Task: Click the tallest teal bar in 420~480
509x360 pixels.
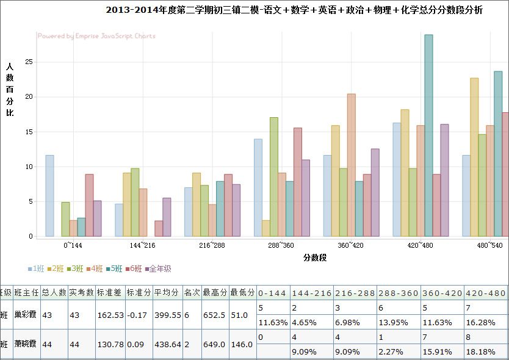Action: pos(428,135)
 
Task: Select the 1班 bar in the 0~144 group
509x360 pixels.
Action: pos(49,195)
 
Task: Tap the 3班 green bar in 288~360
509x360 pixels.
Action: pos(274,176)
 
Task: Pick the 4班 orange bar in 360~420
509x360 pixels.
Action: pos(351,165)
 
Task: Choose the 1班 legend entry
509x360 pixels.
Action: pos(36,268)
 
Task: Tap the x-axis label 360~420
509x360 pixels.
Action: pos(350,245)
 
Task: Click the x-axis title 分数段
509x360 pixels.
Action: pos(315,257)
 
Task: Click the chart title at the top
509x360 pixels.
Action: pos(294,10)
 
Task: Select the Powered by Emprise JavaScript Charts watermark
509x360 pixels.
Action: pos(96,36)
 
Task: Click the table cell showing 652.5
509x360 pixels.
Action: pos(215,315)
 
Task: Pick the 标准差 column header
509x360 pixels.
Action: pos(110,292)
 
